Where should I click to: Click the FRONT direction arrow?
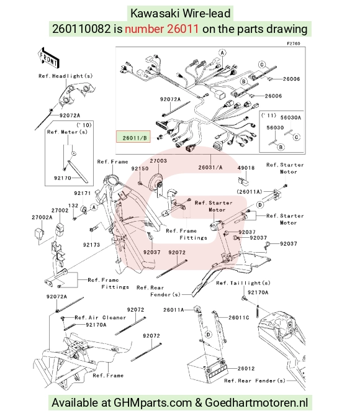tap(48, 58)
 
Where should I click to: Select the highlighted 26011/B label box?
tap(133, 137)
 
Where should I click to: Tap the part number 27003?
tap(158, 161)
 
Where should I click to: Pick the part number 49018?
tap(246, 168)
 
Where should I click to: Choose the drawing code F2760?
tap(294, 43)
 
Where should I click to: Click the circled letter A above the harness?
tap(222, 53)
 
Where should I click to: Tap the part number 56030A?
tap(290, 117)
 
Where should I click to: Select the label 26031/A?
tap(210, 168)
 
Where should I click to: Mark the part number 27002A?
tap(42, 217)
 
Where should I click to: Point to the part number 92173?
tap(91, 245)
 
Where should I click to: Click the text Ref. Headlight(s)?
tap(66, 76)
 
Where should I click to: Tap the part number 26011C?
tap(239, 317)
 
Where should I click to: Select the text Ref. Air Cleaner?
tap(101, 317)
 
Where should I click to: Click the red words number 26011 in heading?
tap(161, 29)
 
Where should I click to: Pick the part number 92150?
tap(140, 168)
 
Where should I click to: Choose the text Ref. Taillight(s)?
tap(243, 283)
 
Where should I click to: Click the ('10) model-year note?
tap(84, 125)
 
